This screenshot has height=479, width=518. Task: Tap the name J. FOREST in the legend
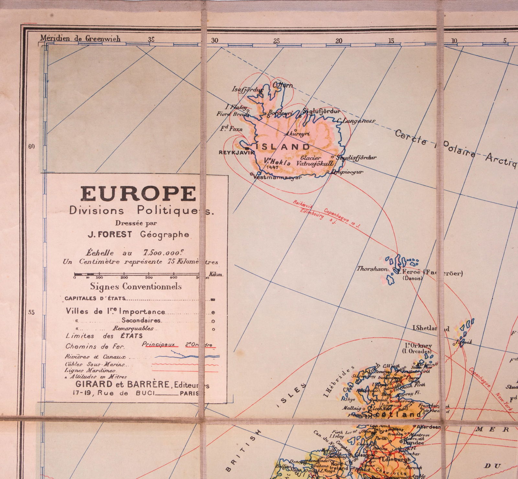[110, 235]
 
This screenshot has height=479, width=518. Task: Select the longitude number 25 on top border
[276, 41]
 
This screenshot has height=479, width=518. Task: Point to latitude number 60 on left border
[31, 146]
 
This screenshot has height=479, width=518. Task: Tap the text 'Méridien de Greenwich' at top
[80, 38]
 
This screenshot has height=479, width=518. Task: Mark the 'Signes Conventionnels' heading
[136, 286]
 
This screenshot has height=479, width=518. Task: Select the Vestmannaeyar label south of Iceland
[277, 177]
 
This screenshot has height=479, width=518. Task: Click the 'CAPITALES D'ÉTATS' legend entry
[95, 298]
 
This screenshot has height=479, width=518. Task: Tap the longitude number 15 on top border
[391, 41]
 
